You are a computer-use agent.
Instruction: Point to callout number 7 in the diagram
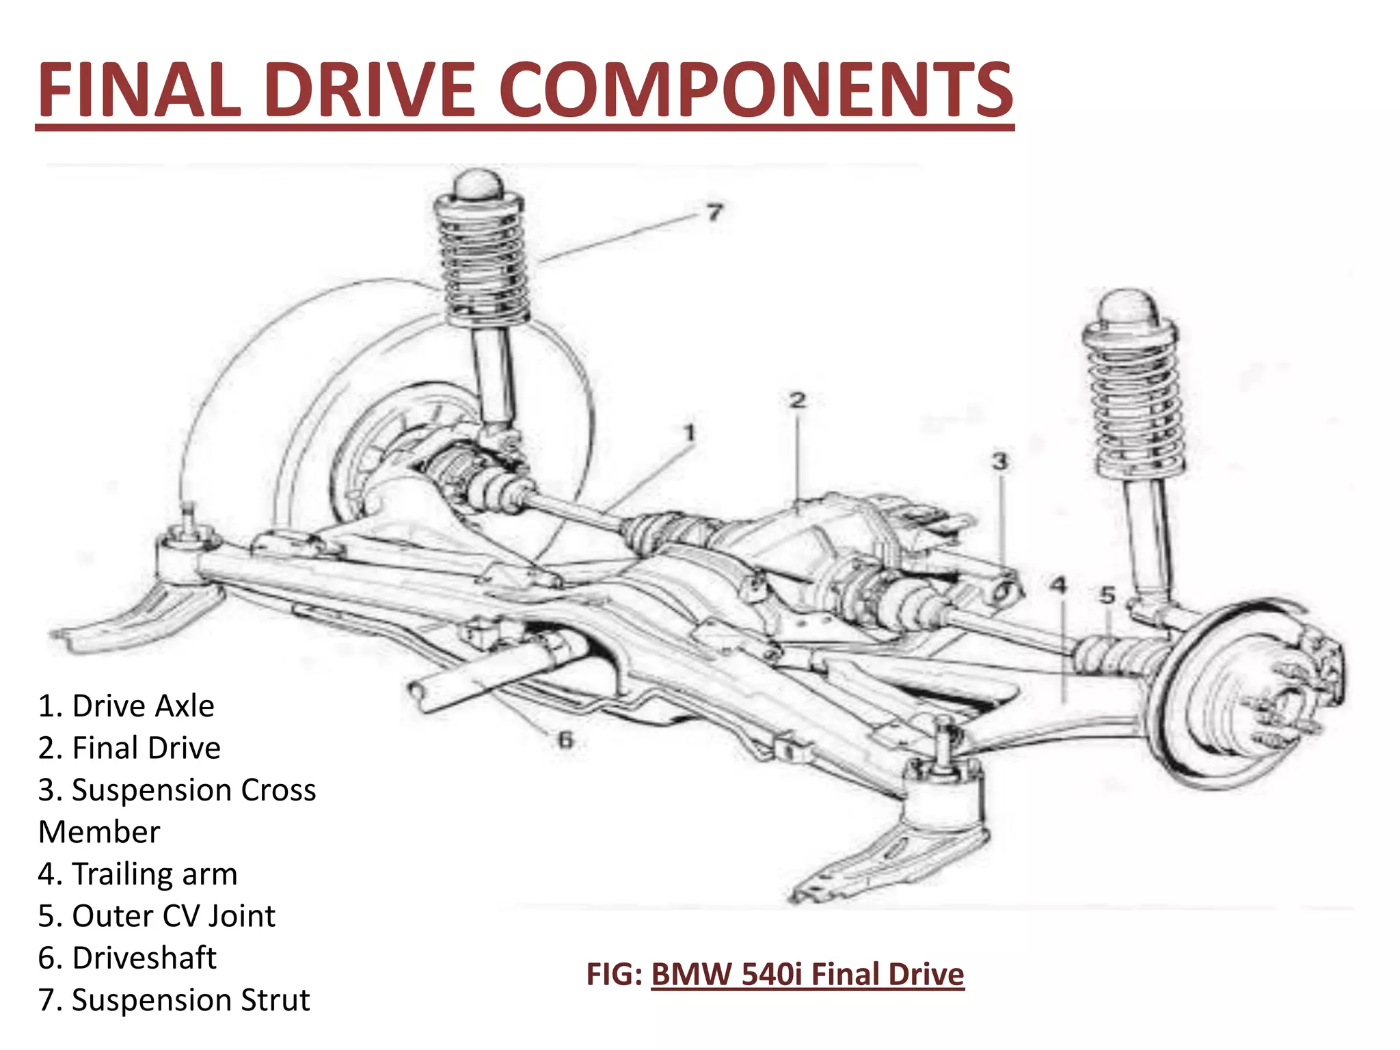[x=714, y=213]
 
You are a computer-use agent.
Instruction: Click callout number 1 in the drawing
[x=690, y=433]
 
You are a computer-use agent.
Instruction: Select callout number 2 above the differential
[x=798, y=401]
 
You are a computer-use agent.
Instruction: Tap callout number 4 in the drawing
[x=1058, y=585]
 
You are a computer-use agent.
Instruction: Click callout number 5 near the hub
[x=1107, y=595]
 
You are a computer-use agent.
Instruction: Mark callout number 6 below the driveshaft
[x=565, y=740]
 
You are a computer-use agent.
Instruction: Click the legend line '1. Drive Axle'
[x=126, y=705]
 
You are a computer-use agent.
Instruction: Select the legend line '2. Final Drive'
[x=130, y=748]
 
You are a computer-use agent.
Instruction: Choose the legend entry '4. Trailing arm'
[x=138, y=874]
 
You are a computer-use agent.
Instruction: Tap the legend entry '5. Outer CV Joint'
[x=157, y=916]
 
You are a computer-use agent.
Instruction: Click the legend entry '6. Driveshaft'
[x=127, y=958]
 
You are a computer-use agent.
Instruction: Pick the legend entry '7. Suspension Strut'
[x=174, y=999]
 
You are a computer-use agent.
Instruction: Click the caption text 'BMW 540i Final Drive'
[x=807, y=974]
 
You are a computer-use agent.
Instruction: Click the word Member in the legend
[x=99, y=832]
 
